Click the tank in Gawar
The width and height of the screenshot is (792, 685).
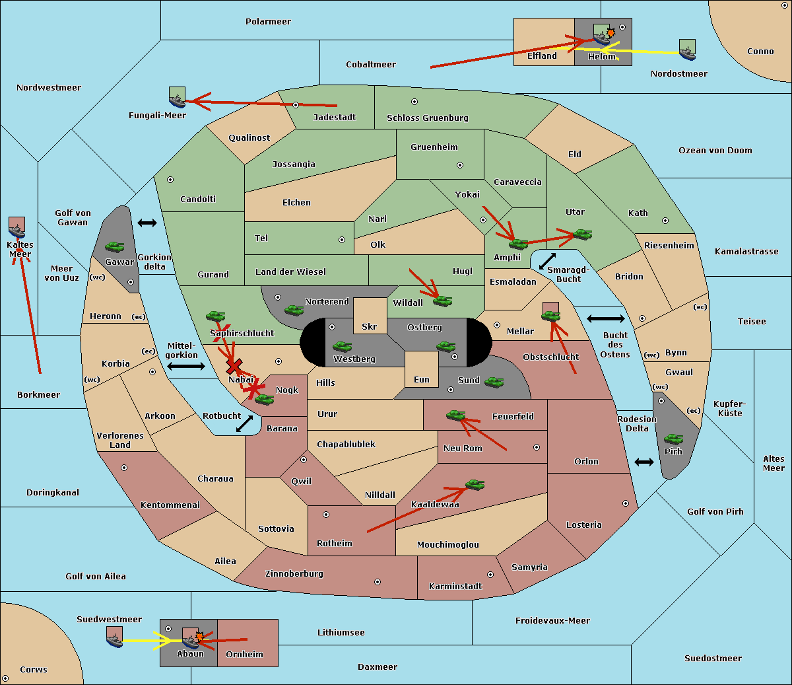pos(115,246)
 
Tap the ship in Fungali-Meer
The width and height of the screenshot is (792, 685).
pos(177,97)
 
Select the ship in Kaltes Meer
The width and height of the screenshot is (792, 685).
pos(16,227)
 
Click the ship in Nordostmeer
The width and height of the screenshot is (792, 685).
pos(687,50)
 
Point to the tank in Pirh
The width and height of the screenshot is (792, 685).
pos(674,439)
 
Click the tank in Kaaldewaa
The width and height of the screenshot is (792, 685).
pos(475,485)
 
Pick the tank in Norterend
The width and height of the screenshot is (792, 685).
pos(294,310)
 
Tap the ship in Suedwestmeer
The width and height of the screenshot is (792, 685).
pos(114,637)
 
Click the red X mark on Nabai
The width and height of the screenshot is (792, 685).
pos(234,365)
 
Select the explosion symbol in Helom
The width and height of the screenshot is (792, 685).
pos(610,32)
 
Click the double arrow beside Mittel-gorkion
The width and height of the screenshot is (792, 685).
pos(186,366)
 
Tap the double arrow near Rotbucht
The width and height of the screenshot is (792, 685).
pos(244,423)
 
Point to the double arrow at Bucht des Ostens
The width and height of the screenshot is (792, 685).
pos(605,319)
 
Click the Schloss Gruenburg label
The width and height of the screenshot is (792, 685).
pos(427,118)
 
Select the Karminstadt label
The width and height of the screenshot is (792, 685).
pos(455,586)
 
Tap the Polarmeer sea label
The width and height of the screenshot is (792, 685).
pos(268,21)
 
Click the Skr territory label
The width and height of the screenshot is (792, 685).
pos(370,326)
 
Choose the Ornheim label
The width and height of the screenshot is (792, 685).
pos(244,654)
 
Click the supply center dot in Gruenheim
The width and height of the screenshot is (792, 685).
pos(460,165)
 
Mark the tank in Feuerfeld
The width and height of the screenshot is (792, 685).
pos(455,415)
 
